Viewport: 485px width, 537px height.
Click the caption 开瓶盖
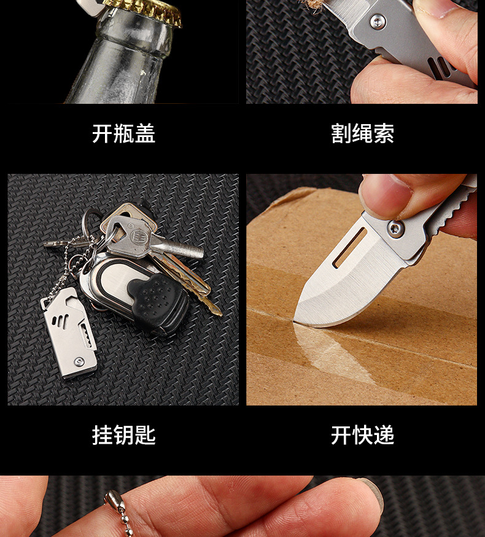tap(123, 133)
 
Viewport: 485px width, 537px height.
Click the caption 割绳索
tap(362, 133)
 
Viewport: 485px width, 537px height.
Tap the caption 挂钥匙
tap(123, 435)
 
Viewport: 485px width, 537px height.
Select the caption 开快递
tap(362, 435)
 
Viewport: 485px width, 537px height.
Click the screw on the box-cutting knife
tap(395, 230)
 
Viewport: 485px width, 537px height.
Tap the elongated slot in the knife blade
tap(349, 248)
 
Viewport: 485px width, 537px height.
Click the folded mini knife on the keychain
tap(70, 332)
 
